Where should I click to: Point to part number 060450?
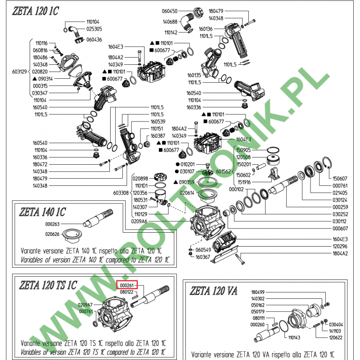[x=170, y=11]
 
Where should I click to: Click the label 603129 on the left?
[x=20, y=72]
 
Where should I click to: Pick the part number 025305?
[x=94, y=28]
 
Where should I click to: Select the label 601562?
[x=224, y=171]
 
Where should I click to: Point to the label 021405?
[x=340, y=193]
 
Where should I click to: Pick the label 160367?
[x=202, y=257]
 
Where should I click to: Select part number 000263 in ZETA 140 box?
[x=53, y=224]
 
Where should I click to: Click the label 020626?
[x=52, y=234]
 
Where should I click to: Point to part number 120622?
[x=336, y=337]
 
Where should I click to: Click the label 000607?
[x=340, y=228]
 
